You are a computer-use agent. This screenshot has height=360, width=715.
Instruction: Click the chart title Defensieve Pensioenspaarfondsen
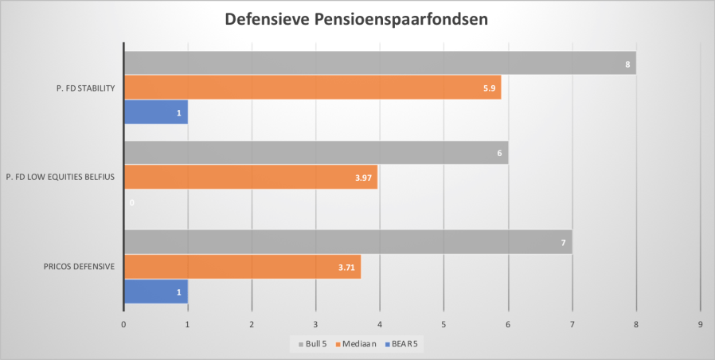[x=357, y=18]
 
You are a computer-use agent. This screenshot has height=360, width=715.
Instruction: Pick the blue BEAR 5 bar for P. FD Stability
[x=155, y=112]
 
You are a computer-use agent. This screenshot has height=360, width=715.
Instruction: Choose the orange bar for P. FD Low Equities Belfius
[x=251, y=177]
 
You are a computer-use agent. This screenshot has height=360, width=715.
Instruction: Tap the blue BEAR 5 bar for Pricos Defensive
[x=155, y=291]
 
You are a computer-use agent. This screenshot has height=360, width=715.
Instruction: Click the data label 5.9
[x=490, y=88]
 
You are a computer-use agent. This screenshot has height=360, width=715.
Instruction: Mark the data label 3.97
[x=365, y=177]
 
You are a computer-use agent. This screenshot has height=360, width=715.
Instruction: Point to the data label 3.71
[x=348, y=266]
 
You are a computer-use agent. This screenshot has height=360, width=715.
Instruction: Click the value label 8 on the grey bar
[x=628, y=63]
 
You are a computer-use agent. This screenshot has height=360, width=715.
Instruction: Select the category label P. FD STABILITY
[x=81, y=88]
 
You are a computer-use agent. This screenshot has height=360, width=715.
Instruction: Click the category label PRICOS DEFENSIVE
[x=79, y=266]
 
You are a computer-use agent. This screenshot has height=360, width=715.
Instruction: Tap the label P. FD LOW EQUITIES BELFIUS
[x=61, y=177]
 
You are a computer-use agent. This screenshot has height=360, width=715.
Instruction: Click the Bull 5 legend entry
[x=313, y=343]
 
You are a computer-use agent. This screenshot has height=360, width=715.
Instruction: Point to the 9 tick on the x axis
[x=700, y=324]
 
